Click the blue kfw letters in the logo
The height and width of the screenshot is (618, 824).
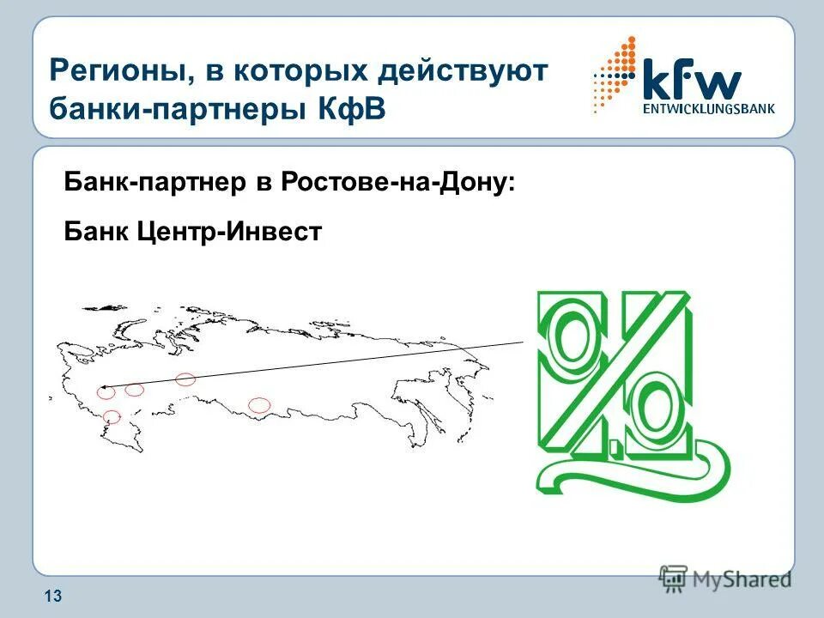tap(691, 82)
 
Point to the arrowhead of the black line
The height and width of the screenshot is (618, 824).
tap(103, 389)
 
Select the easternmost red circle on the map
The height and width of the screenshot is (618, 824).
tap(258, 404)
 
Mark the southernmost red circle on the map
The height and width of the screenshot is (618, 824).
tap(112, 417)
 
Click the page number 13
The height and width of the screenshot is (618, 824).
tap(52, 597)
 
